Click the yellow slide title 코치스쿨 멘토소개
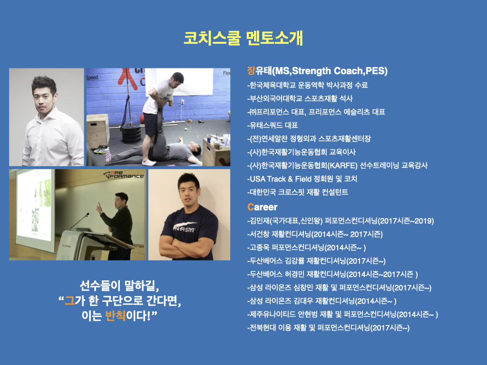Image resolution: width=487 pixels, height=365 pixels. [243, 38]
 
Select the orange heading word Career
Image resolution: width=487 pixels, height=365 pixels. [262, 207]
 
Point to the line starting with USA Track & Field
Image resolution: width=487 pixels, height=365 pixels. [302, 179]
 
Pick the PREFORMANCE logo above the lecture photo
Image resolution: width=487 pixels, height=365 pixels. [124, 175]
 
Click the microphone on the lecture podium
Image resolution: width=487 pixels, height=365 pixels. [80, 221]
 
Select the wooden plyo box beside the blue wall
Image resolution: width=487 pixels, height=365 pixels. [97, 132]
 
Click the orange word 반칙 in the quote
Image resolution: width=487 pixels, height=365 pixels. [115, 316]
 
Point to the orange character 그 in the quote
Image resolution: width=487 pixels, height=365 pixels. [69, 300]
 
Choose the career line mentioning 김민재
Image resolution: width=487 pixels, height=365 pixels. [341, 221]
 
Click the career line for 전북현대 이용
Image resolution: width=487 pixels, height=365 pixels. [328, 328]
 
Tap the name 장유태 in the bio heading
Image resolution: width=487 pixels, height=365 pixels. [259, 71]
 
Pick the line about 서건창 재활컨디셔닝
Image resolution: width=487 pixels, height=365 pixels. [315, 234]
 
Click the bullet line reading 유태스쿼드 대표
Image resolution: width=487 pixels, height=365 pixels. [273, 125]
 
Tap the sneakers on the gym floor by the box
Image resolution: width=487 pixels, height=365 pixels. [100, 150]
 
